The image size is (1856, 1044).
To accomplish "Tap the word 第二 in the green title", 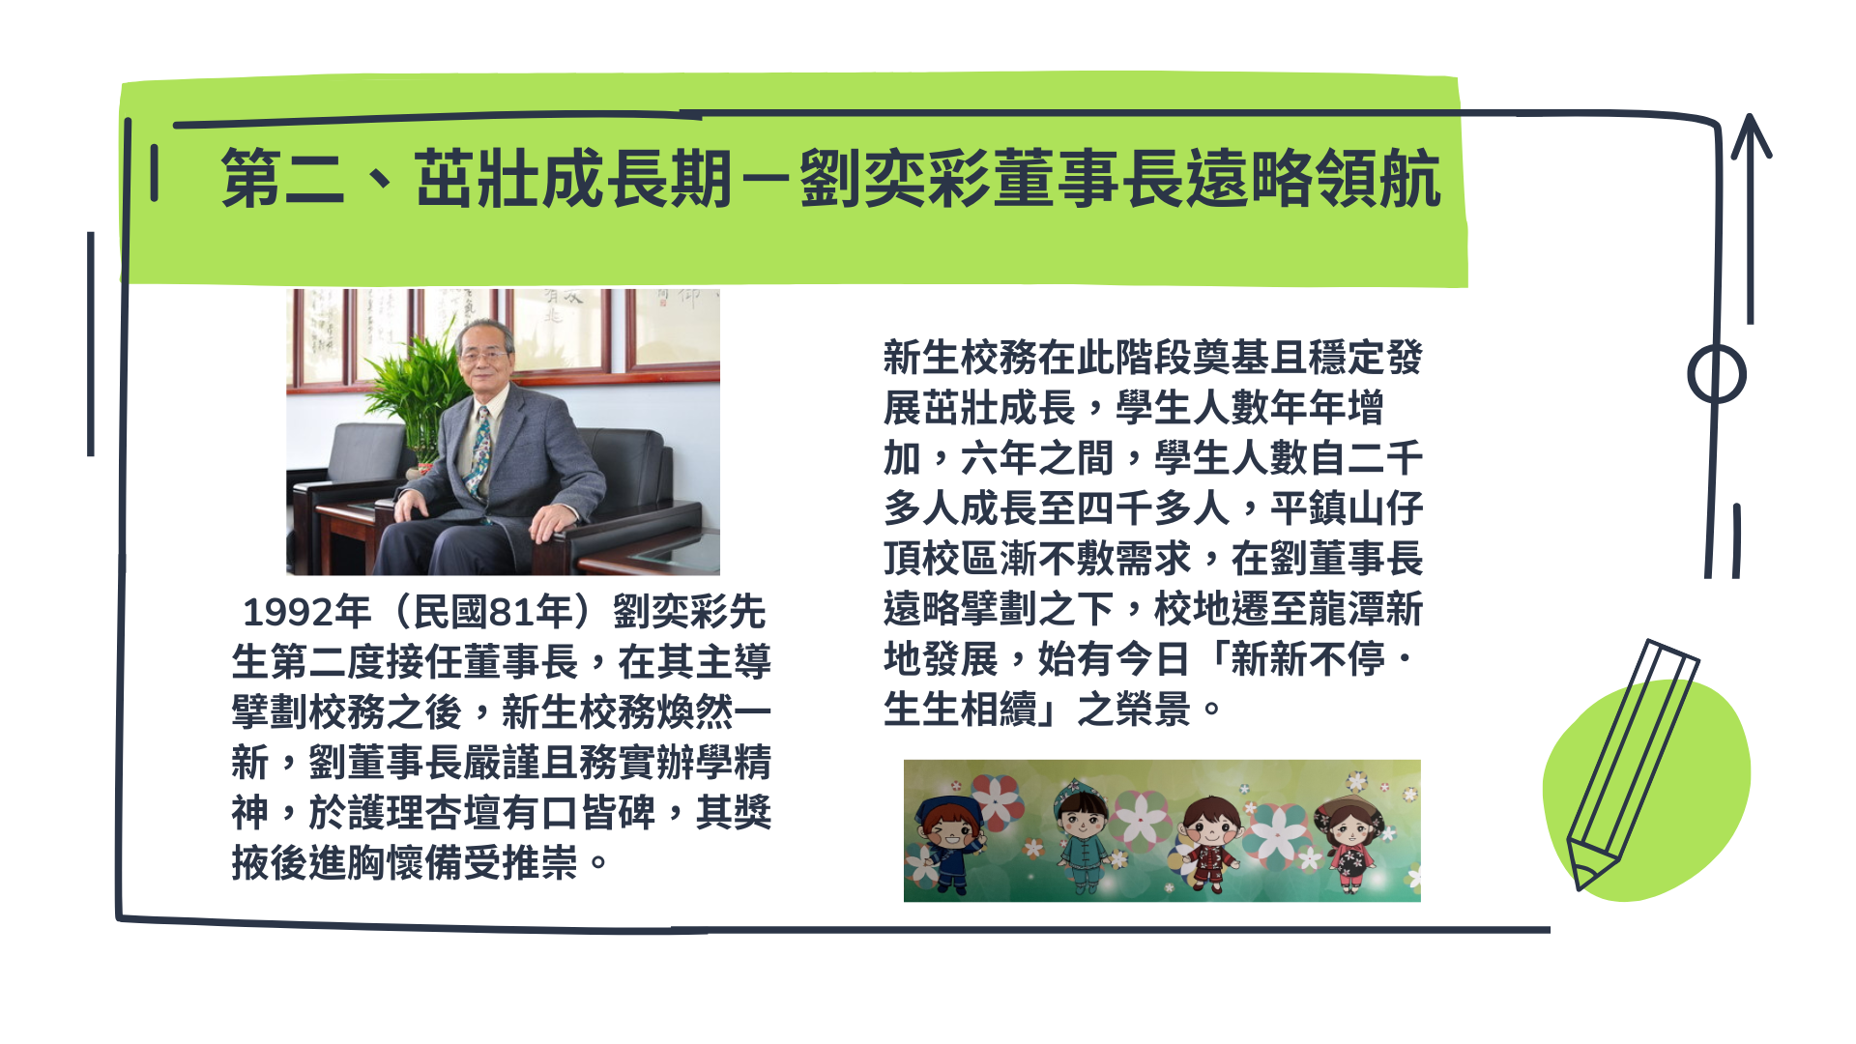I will click(282, 179).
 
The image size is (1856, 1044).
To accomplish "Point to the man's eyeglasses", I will click(483, 356).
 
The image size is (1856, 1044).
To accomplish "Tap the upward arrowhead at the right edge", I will click(1750, 135).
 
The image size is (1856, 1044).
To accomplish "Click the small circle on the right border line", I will click(1717, 374).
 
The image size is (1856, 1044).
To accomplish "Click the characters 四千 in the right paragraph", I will click(1094, 507).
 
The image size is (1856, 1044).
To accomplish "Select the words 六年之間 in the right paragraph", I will click(1036, 457).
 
